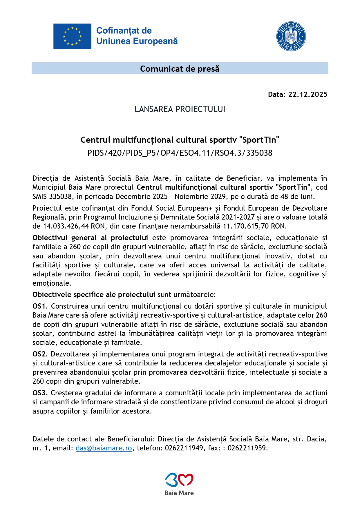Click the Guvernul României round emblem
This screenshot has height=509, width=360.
291,36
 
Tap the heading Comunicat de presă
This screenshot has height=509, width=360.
180,69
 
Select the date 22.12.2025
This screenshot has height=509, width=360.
307,95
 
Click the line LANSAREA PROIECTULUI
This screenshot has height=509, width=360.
180,109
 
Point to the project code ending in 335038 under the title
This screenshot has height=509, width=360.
180,153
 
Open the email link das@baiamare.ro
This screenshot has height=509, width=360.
104,448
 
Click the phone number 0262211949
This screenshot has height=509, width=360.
184,448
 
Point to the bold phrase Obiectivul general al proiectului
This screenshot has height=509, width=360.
90,238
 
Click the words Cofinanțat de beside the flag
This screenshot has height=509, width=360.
124,31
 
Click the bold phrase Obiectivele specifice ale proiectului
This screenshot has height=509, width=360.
94,295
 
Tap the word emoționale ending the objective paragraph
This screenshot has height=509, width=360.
51,283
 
